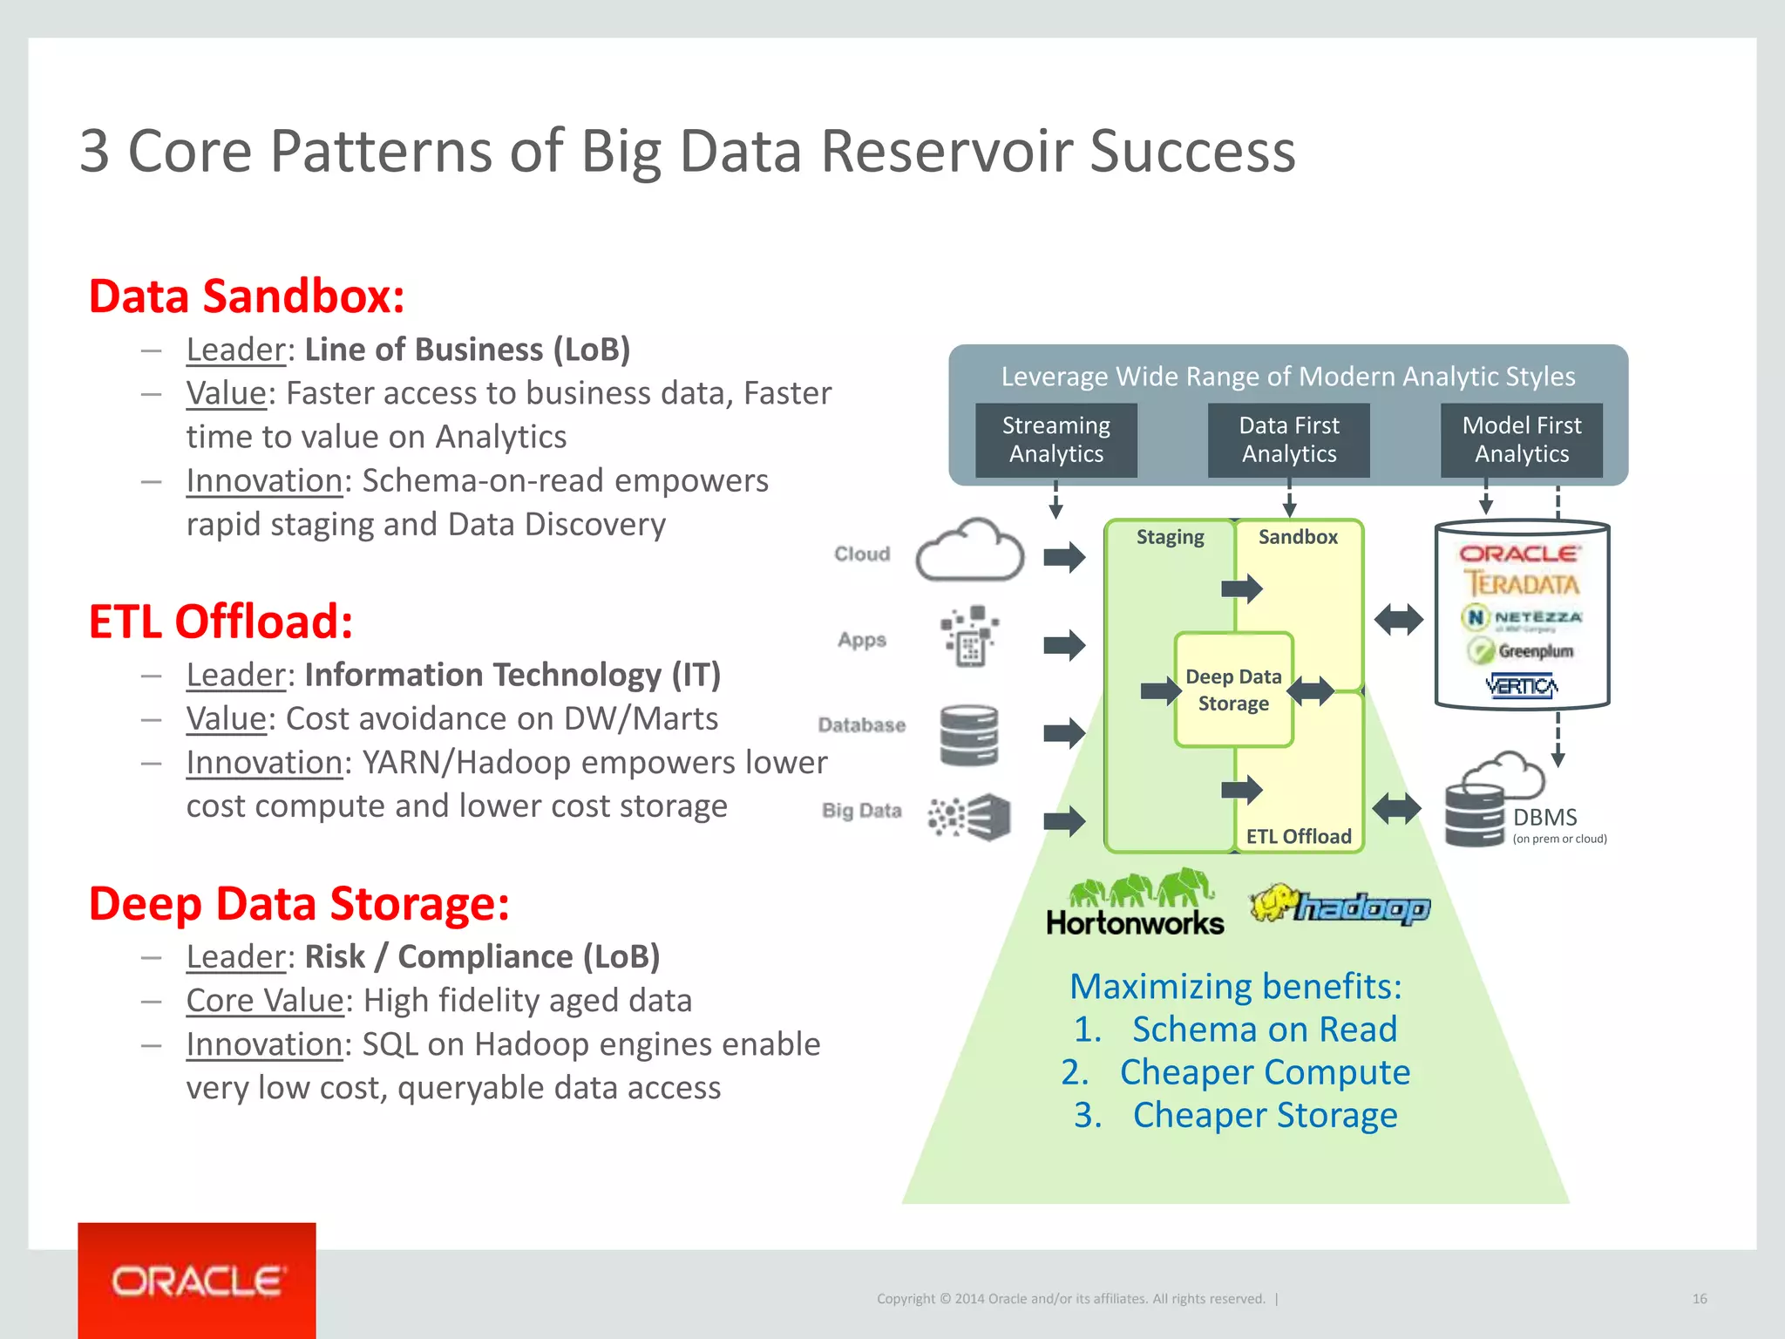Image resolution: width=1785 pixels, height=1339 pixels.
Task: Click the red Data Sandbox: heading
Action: tap(247, 296)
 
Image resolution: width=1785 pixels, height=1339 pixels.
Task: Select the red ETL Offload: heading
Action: tap(221, 622)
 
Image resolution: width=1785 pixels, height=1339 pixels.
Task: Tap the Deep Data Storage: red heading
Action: tap(299, 903)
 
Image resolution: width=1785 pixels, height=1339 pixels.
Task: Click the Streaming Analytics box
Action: tap(1055, 439)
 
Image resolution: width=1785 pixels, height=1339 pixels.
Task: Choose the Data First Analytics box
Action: tap(1288, 439)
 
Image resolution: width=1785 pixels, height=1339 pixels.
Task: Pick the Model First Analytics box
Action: tap(1521, 439)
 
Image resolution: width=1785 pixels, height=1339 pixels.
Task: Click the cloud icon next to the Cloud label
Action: tap(969, 552)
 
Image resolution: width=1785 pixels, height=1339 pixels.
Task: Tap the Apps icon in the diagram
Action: tap(969, 636)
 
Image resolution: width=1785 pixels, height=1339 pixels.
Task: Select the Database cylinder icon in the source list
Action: tap(969, 735)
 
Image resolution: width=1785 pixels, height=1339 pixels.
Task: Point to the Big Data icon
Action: tap(969, 817)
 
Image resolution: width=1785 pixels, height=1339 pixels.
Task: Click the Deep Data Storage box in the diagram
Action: tap(1233, 690)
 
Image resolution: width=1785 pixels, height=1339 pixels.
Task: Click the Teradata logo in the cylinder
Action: tap(1521, 583)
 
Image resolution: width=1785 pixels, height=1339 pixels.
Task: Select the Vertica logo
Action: tap(1521, 686)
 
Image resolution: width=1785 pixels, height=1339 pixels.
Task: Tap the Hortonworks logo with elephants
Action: tap(1135, 903)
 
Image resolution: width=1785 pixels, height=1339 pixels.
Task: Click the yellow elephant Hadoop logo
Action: tap(1340, 905)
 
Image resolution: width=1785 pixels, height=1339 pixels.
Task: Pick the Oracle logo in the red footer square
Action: tap(197, 1281)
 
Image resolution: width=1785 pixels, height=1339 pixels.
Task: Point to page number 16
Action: tap(1699, 1299)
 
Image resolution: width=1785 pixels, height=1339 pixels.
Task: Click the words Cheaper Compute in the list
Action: tap(1265, 1072)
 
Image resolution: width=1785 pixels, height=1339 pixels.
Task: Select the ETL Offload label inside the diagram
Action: tap(1298, 836)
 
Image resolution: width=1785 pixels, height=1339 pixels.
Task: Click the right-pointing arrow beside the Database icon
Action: tap(1064, 732)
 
